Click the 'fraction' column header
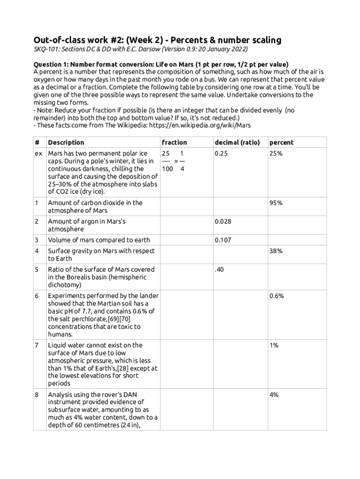174,142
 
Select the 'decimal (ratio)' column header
237,142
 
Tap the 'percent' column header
281,142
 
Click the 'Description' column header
66,142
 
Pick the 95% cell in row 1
276,203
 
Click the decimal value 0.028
223,221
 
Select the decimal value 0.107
223,240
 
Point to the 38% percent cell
276,251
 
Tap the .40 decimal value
220,269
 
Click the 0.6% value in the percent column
277,296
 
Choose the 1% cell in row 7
274,345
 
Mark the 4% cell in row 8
274,394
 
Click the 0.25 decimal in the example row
221,153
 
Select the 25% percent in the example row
276,153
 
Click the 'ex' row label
38,153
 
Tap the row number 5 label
37,269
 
